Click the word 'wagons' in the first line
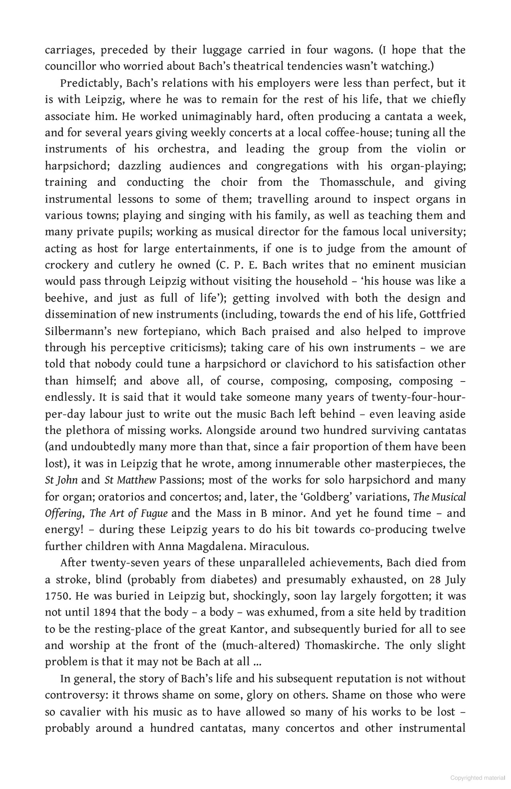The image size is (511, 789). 351,50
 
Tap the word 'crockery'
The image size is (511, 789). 66,265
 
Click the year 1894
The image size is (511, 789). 105,612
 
